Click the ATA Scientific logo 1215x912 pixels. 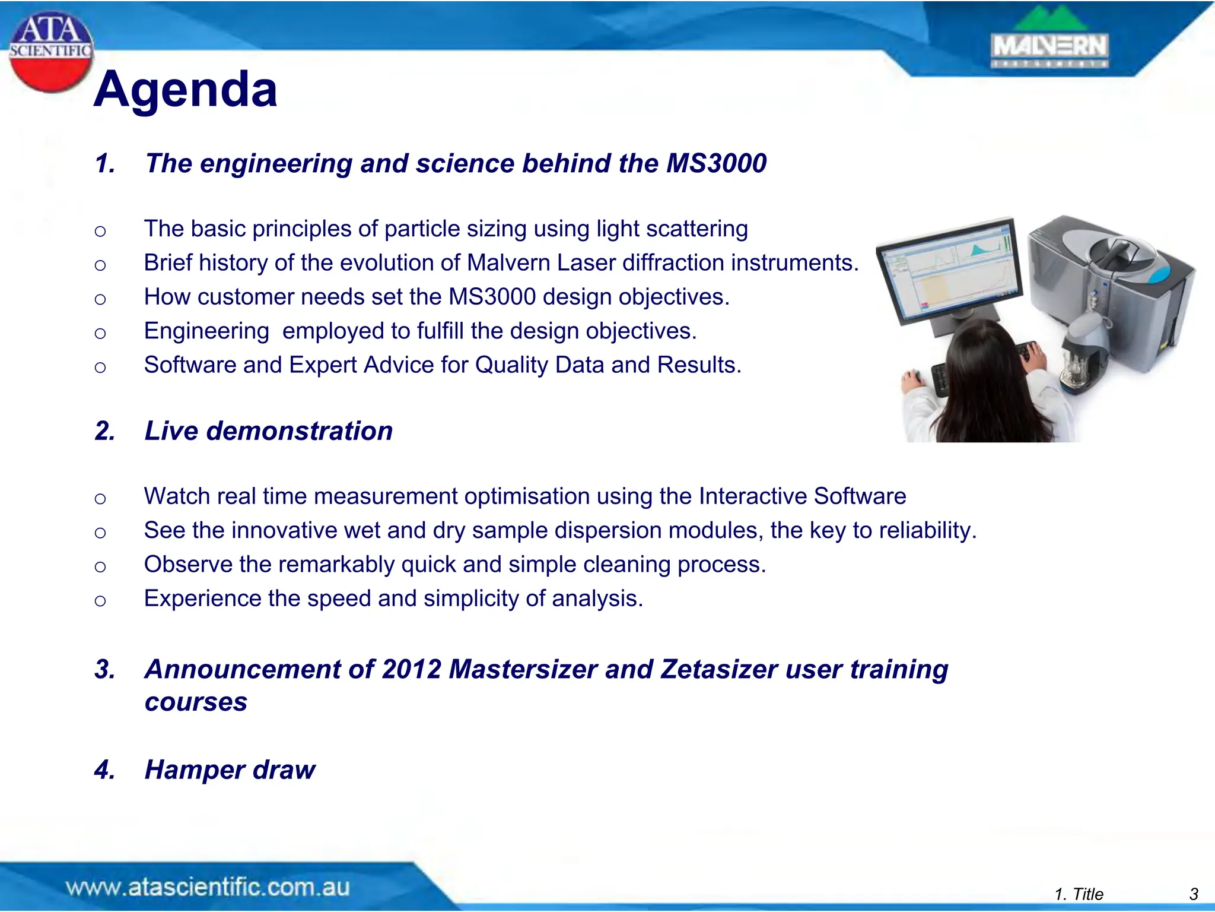50,52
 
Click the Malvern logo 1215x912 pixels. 1049,42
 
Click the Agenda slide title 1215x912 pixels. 185,90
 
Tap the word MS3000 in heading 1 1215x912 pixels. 716,163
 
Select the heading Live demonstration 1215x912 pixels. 268,431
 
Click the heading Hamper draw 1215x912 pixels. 230,770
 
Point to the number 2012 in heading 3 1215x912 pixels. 411,670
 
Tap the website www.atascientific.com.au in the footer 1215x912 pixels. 208,887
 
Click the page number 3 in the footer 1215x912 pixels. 1194,894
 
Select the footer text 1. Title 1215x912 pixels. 1079,894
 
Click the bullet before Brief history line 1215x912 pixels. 100,265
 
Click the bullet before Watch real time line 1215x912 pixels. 100,498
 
